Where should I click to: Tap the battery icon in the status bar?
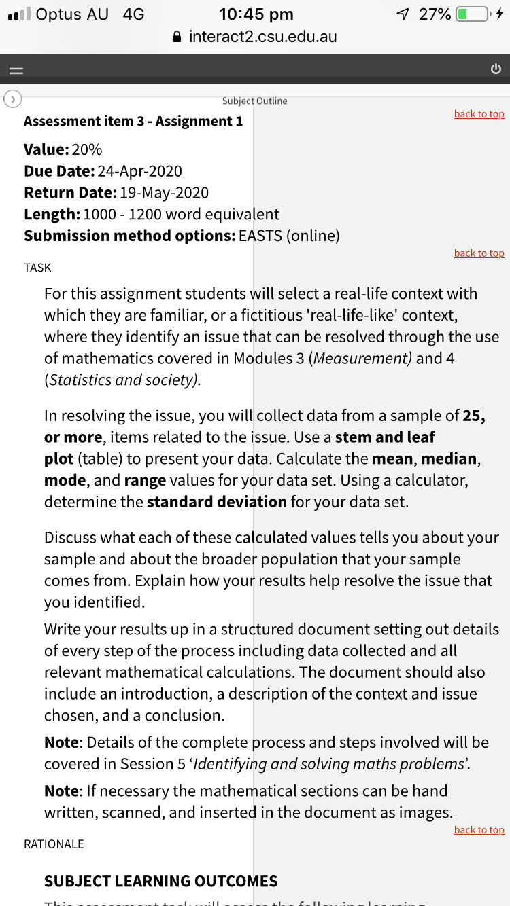471,14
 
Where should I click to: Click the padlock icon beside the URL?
177,37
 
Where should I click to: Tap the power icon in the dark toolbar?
495,69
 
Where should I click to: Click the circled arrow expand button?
12,99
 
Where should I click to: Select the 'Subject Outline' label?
254,101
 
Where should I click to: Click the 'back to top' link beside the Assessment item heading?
479,114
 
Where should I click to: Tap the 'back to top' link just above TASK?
479,253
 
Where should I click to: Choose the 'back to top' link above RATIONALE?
479,830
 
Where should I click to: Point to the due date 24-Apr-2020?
139,171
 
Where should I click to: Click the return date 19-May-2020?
164,193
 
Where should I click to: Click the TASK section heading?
37,268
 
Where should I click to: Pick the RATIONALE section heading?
54,844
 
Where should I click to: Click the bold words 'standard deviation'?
217,502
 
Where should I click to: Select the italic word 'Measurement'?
360,359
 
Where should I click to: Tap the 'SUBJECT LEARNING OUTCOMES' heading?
160,881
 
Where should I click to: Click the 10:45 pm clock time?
256,14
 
